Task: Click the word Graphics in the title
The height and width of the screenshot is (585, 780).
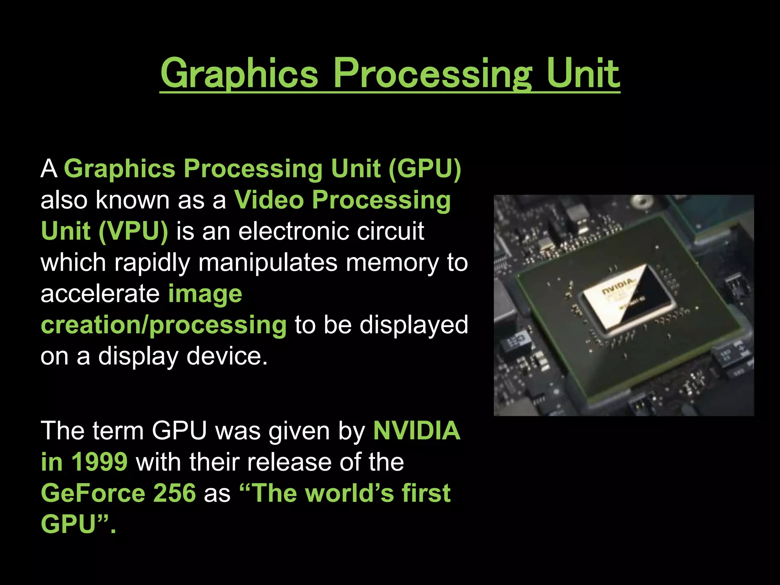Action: coord(239,73)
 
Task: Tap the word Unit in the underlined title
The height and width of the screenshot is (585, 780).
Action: coord(583,73)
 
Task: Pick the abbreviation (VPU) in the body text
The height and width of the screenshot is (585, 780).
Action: coord(133,231)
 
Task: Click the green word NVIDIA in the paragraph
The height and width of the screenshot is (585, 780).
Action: coord(417,430)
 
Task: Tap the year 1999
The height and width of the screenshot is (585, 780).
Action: coord(99,462)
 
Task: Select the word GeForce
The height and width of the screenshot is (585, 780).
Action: coord(93,493)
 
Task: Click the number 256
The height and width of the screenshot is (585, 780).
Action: coord(174,493)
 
